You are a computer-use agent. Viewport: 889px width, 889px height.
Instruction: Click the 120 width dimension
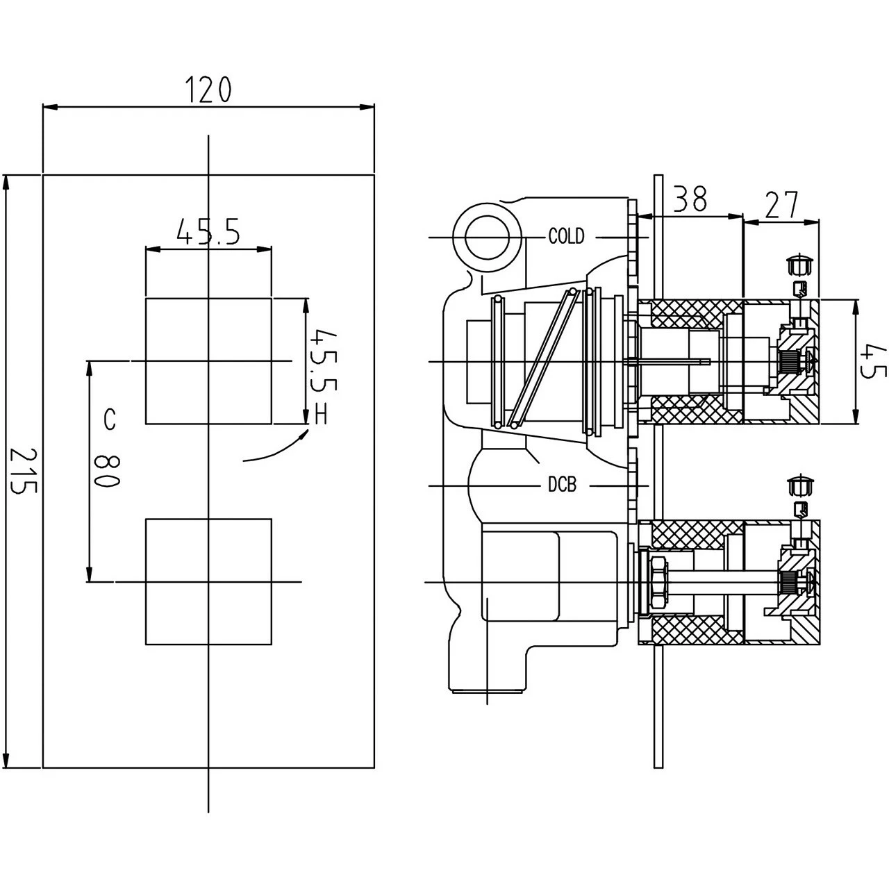pyautogui.click(x=208, y=90)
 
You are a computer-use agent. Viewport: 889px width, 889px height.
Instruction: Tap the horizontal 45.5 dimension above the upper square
pyautogui.click(x=208, y=232)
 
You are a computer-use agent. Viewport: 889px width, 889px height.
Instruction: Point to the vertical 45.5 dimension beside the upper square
pyautogui.click(x=322, y=360)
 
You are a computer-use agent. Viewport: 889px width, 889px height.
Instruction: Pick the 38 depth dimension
pyautogui.click(x=691, y=199)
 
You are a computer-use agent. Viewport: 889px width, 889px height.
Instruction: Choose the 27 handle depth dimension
pyautogui.click(x=782, y=205)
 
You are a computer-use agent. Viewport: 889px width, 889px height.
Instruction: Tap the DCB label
pyautogui.click(x=562, y=485)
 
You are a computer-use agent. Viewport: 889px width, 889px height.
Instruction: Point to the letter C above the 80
pyautogui.click(x=109, y=419)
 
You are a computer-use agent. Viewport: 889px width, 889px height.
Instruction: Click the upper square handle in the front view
pyautogui.click(x=208, y=360)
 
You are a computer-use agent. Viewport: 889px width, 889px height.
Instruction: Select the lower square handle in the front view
pyautogui.click(x=208, y=581)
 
